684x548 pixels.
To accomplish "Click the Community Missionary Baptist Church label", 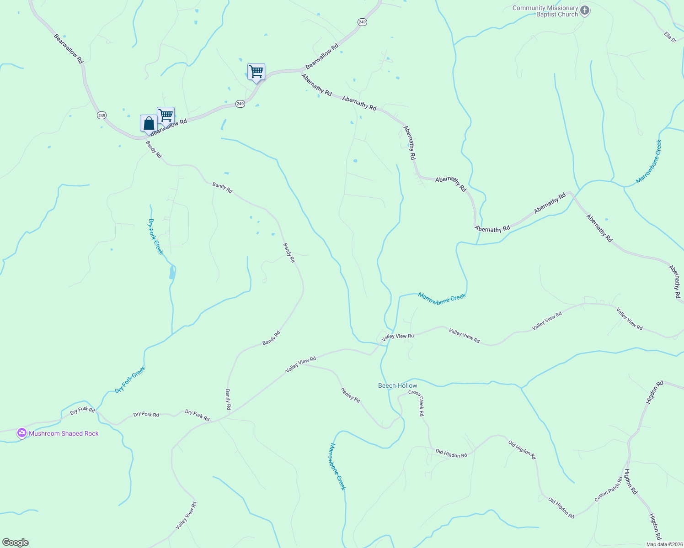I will pyautogui.click(x=545, y=11).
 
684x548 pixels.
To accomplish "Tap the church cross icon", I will pyautogui.click(x=585, y=11).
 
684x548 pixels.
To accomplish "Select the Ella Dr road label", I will pyautogui.click(x=670, y=37).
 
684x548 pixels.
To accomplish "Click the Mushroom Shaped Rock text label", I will pyautogui.click(x=64, y=433).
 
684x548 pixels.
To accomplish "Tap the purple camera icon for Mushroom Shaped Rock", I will pyautogui.click(x=21, y=432).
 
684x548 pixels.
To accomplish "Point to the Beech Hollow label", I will pyautogui.click(x=397, y=385).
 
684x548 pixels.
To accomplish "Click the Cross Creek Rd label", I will pyautogui.click(x=417, y=403).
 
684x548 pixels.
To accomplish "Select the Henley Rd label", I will pyautogui.click(x=351, y=395).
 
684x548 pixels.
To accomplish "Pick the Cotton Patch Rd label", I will pyautogui.click(x=609, y=489).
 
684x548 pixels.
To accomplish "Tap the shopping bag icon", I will pyautogui.click(x=149, y=123).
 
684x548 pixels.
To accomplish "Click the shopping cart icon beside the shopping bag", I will pyautogui.click(x=166, y=115).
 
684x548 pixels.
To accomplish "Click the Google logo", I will pyautogui.click(x=15, y=543).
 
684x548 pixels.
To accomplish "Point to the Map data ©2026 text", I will pyautogui.click(x=663, y=544).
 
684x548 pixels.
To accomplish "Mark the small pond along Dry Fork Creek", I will pyautogui.click(x=172, y=273).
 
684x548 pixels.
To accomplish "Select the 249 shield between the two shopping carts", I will pyautogui.click(x=240, y=104).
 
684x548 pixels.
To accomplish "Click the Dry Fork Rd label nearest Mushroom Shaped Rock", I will pyautogui.click(x=82, y=410).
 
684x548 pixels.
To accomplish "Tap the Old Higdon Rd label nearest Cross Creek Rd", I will pyautogui.click(x=451, y=453).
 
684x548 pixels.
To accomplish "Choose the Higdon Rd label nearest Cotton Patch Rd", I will pyautogui.click(x=631, y=482).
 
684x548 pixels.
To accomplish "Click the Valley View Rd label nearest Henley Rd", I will pyautogui.click(x=300, y=365).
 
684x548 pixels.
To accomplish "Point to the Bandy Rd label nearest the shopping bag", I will pyautogui.click(x=154, y=149).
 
